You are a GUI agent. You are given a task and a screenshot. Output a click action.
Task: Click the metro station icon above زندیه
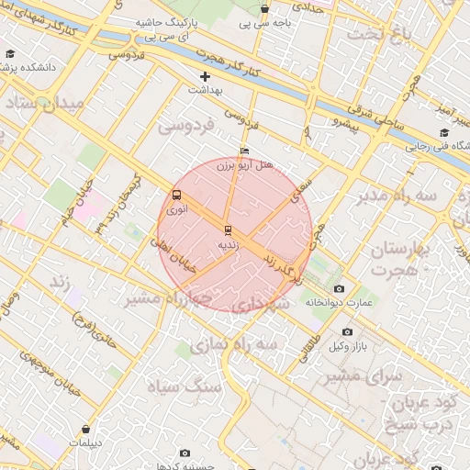click(x=227, y=229)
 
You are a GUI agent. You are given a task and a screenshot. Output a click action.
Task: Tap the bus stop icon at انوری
click(x=175, y=195)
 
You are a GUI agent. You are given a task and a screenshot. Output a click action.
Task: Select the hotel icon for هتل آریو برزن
click(x=243, y=151)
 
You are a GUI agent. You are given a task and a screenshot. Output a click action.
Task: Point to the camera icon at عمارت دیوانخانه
click(x=340, y=289)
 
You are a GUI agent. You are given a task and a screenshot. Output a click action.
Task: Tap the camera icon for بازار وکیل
click(x=347, y=331)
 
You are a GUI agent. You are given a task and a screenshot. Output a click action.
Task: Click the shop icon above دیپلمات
click(x=85, y=428)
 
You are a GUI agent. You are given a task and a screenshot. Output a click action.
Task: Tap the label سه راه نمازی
click(x=233, y=342)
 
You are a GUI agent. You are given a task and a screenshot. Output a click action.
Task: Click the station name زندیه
click(x=227, y=245)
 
